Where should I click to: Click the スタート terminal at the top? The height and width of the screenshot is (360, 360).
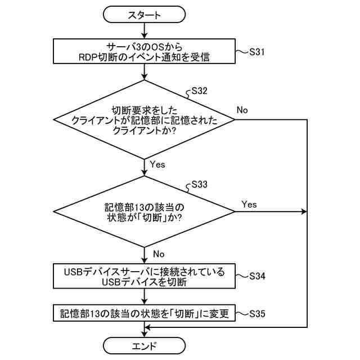pyautogui.click(x=145, y=14)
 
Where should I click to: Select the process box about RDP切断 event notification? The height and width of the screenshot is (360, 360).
pyautogui.click(x=145, y=51)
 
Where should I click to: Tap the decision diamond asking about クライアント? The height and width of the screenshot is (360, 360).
pyautogui.click(x=145, y=120)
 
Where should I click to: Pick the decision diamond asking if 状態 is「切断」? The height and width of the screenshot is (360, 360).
pyautogui.click(x=145, y=212)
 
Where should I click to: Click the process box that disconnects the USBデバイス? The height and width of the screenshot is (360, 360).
pyautogui.click(x=145, y=277)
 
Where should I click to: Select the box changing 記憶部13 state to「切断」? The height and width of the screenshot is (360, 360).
pyautogui.click(x=145, y=313)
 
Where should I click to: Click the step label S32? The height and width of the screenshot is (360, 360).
pyautogui.click(x=200, y=90)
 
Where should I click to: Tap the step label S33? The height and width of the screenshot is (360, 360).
pyautogui.click(x=200, y=184)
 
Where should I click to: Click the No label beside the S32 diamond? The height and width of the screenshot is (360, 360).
pyautogui.click(x=242, y=110)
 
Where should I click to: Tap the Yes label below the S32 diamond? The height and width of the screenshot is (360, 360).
pyautogui.click(x=158, y=164)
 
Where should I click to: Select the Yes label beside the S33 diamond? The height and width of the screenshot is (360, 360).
pyautogui.click(x=249, y=204)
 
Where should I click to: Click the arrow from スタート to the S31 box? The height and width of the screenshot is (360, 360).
pyautogui.click(x=145, y=30)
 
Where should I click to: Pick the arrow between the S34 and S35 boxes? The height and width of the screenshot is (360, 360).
pyautogui.click(x=145, y=296)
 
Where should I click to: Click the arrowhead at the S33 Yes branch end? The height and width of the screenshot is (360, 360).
pyautogui.click(x=305, y=212)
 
